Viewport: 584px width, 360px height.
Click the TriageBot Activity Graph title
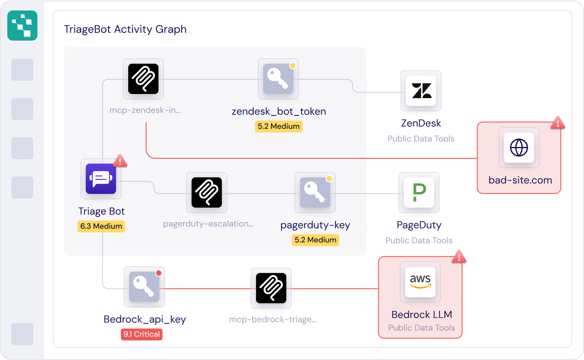(125, 29)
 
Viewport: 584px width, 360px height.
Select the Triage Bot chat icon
(101, 179)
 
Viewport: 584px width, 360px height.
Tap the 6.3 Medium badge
(101, 226)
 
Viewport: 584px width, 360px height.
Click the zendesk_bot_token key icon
(278, 79)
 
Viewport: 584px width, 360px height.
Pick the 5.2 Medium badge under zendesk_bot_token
(278, 126)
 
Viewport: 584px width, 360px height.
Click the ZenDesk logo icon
(421, 90)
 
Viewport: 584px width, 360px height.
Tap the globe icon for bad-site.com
(519, 148)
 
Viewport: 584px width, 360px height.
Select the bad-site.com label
(520, 180)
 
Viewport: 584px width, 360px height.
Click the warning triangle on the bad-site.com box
(558, 123)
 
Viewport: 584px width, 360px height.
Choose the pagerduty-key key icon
(315, 193)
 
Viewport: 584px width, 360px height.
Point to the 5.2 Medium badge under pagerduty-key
(315, 240)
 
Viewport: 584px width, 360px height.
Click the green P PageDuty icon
(419, 193)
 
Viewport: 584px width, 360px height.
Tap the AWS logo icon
(420, 282)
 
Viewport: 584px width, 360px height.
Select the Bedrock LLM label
(422, 314)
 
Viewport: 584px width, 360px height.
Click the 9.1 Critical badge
(141, 334)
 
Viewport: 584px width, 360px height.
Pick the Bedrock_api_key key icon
(144, 287)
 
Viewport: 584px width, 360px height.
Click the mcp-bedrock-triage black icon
(271, 288)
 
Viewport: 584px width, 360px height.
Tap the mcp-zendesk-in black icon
(143, 79)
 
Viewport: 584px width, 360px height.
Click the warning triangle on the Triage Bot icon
(120, 161)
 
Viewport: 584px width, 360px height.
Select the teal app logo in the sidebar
(22, 26)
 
